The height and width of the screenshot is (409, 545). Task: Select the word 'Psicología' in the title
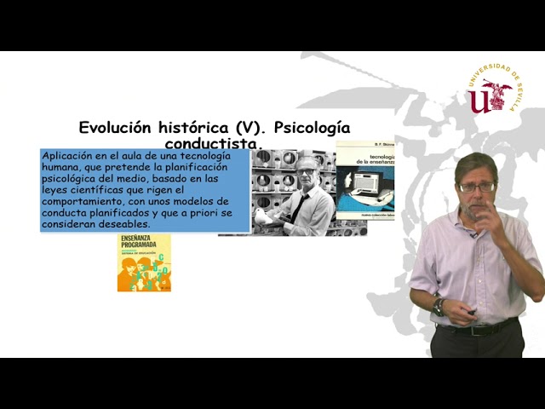[x=312, y=128]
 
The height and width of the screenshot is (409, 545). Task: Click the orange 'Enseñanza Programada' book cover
[x=144, y=262]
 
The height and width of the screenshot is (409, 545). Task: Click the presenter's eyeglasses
[x=477, y=187]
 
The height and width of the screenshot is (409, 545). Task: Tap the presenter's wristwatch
[x=439, y=305]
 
